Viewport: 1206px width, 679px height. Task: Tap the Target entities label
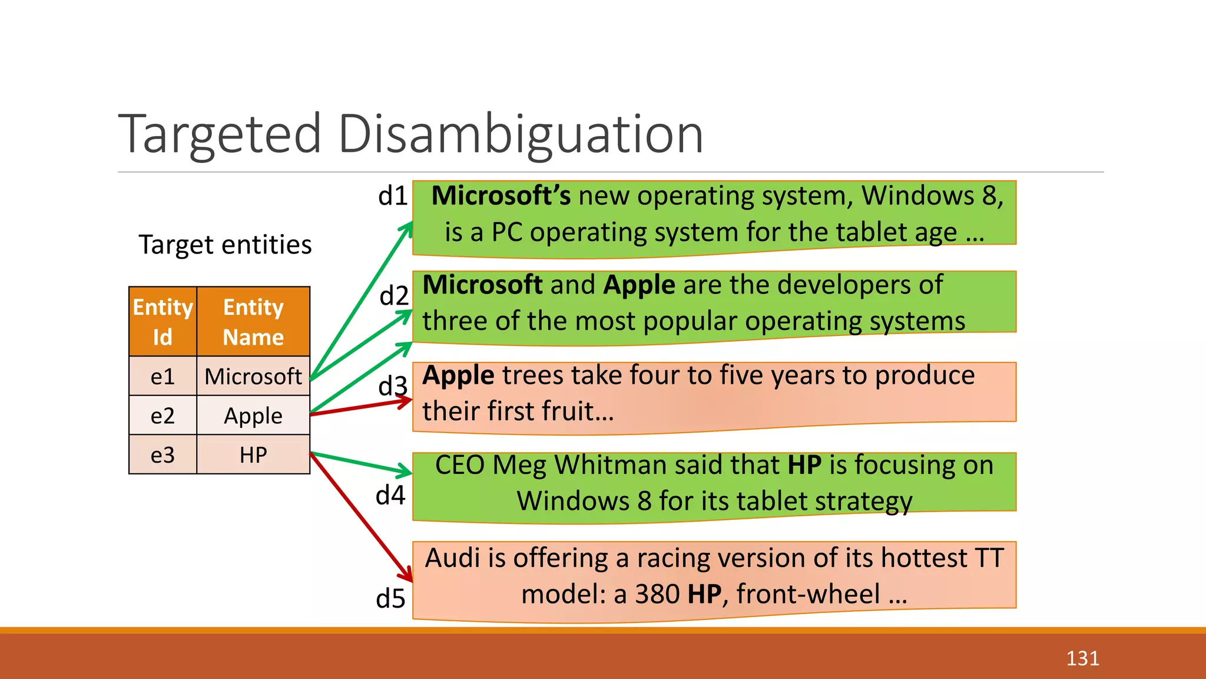click(x=225, y=245)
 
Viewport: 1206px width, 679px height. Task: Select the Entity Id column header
click(x=163, y=322)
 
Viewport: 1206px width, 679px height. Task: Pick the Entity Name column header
click(x=253, y=322)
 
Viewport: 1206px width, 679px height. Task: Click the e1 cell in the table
click(x=163, y=377)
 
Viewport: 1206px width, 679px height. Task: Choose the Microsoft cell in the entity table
click(x=253, y=377)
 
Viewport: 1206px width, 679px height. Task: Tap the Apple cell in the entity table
click(x=253, y=416)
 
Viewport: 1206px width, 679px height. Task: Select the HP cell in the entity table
click(x=253, y=455)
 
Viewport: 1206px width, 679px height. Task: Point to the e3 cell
click(x=163, y=455)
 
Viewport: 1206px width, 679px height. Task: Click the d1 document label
click(x=393, y=196)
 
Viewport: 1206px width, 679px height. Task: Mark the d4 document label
click(x=390, y=495)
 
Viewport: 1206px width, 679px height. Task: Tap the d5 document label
click(x=390, y=599)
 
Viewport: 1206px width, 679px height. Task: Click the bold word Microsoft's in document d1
click(x=501, y=196)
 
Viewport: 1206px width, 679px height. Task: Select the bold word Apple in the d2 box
click(x=639, y=285)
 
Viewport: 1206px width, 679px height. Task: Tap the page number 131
click(x=1082, y=658)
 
